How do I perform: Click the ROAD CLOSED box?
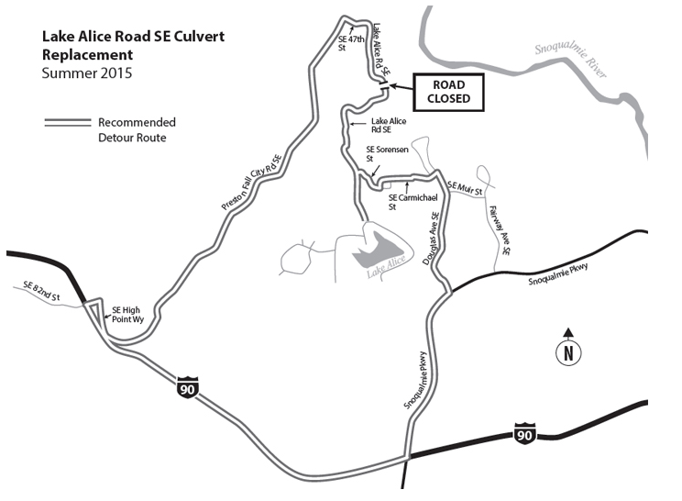click(x=447, y=91)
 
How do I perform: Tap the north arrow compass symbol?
click(x=568, y=349)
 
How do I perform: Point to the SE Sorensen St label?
click(x=379, y=152)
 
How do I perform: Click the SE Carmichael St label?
click(x=409, y=202)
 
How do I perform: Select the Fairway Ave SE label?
click(x=499, y=230)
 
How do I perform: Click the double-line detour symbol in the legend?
click(x=67, y=122)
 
